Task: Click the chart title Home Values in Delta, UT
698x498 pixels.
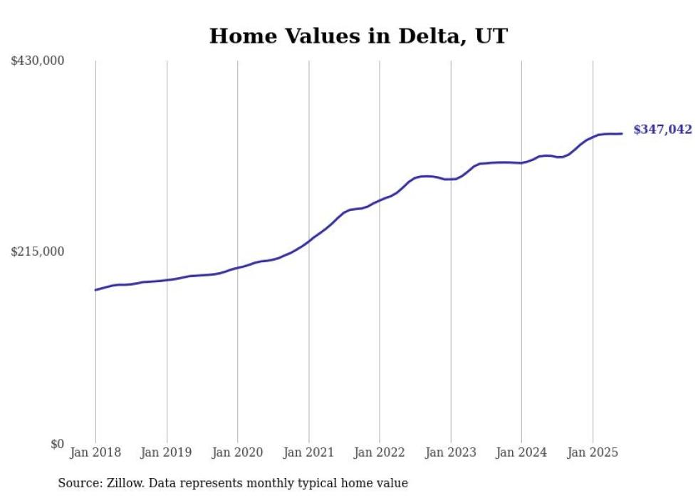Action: pos(358,36)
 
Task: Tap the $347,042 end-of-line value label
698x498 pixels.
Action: pos(662,130)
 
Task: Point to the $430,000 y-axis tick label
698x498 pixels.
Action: pos(38,61)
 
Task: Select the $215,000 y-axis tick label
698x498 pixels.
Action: pos(38,251)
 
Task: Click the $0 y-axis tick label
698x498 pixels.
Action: pos(57,444)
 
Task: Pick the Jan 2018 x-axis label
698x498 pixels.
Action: pos(95,452)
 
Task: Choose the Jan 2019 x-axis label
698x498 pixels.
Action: pos(167,452)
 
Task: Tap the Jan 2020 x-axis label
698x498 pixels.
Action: pos(238,452)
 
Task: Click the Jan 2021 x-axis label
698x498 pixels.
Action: pos(308,452)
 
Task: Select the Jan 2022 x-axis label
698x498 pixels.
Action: pos(380,452)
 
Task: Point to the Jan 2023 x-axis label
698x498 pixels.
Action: pos(451,452)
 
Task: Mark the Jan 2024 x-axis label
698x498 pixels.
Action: pos(521,452)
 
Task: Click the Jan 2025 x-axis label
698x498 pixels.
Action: pos(593,452)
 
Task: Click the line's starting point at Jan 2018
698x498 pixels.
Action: pos(96,290)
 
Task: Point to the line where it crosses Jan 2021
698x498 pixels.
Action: pos(308,240)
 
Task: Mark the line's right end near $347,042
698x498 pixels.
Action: pos(622,133)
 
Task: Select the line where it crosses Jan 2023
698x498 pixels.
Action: pos(451,179)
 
